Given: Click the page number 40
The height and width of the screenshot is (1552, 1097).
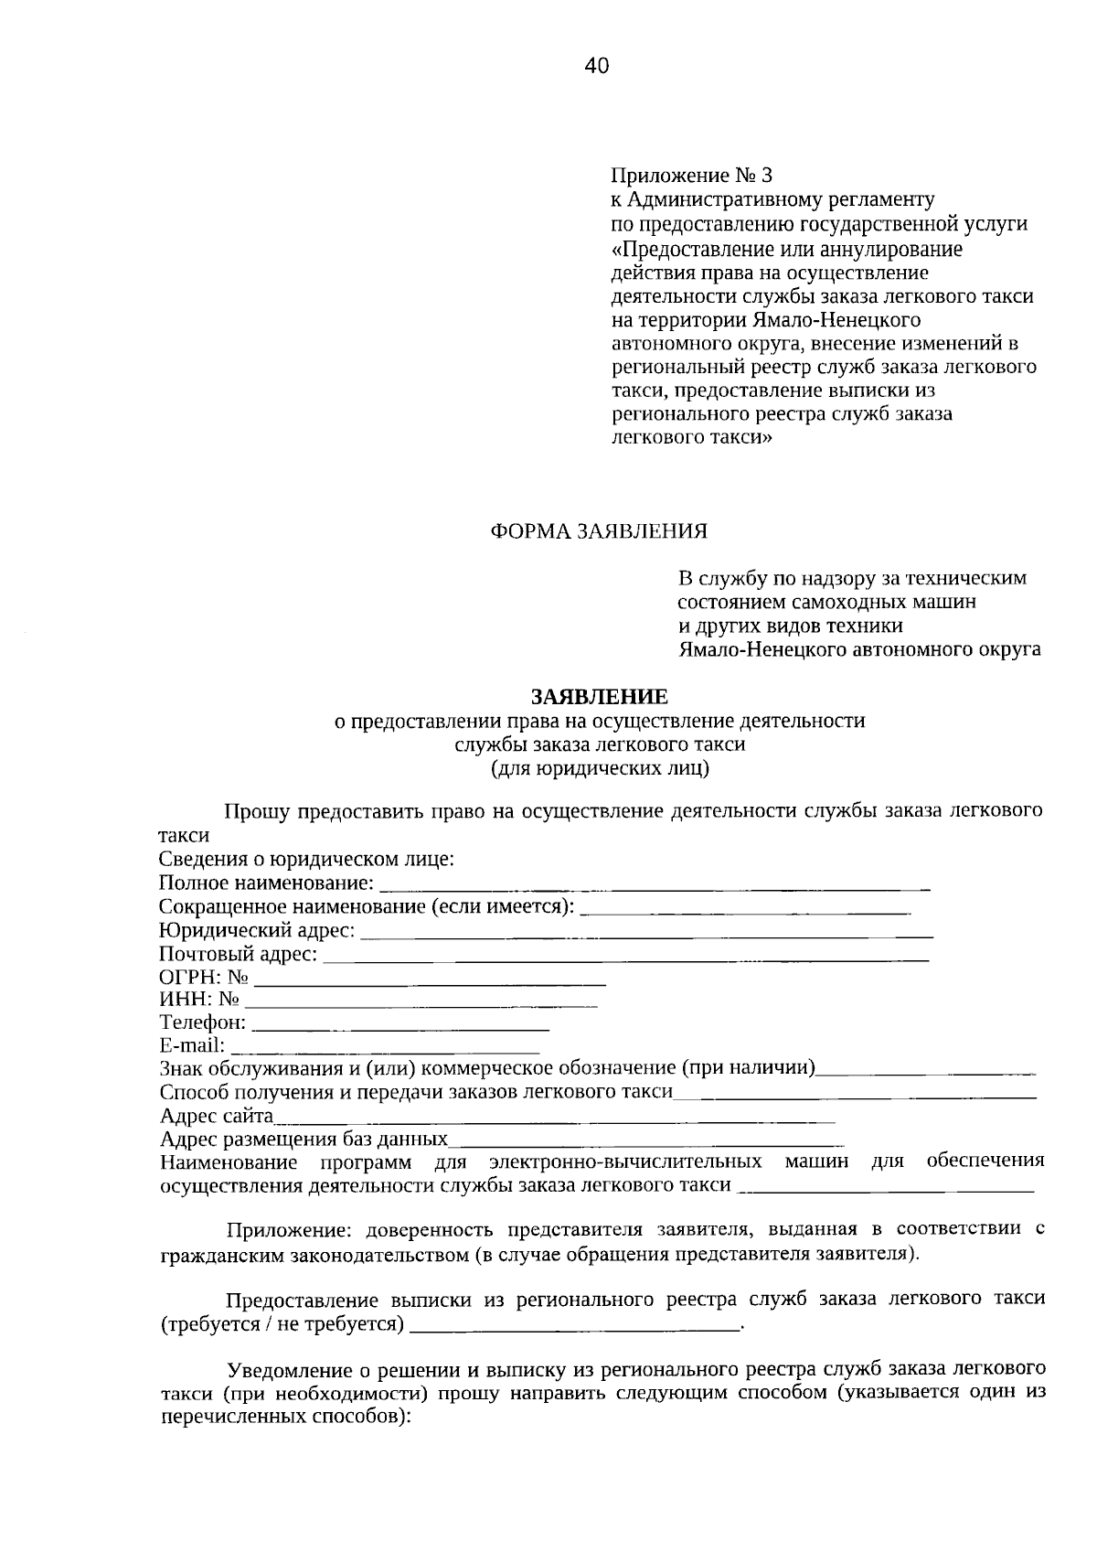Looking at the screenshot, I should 595,65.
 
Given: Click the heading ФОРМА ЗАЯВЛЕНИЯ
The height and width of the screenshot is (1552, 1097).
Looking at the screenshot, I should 600,531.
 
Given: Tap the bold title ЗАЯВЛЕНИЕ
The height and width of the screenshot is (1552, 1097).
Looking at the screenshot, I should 600,697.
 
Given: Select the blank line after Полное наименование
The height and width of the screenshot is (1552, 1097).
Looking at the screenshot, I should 654,885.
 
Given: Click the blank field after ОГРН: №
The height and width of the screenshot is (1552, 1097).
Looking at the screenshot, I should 430,981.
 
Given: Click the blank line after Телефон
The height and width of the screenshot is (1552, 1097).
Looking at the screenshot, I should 399,1028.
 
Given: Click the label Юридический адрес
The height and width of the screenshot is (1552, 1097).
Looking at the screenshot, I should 256,931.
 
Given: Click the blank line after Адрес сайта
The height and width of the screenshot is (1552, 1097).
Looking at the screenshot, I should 554,1119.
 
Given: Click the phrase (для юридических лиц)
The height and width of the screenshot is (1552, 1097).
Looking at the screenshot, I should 600,768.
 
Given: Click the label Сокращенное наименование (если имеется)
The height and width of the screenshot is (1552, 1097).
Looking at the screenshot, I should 367,907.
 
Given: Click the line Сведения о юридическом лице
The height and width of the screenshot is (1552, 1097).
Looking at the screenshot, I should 306,860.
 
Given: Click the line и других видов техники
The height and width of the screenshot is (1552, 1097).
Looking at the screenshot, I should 790,626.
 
